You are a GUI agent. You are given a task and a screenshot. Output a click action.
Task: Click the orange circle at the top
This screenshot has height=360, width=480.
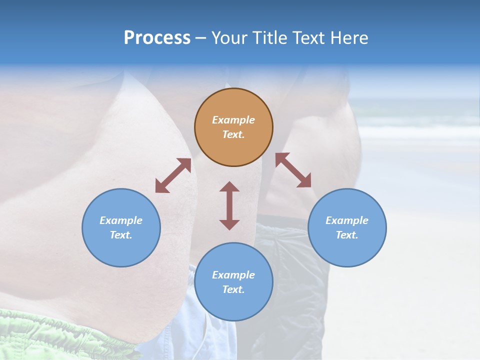233,127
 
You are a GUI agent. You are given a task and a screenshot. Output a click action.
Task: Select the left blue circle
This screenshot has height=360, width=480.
121,227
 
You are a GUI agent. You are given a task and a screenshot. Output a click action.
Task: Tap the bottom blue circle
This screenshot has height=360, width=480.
233,282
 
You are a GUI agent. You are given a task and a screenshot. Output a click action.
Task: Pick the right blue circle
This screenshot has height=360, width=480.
347,227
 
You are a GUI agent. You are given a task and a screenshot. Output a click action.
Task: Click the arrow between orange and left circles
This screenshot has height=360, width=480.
173,175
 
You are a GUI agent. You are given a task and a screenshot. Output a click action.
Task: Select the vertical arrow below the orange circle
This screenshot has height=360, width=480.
229,205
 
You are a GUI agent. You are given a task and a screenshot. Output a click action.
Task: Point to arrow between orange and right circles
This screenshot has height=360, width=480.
293,170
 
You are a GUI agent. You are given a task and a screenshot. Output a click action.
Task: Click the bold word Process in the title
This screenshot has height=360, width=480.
157,37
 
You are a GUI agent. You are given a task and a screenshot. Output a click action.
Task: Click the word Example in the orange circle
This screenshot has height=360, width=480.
233,120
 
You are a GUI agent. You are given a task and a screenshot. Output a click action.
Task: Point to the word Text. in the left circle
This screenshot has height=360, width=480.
121,235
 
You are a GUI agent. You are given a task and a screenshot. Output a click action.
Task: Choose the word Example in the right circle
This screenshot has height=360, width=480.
347,220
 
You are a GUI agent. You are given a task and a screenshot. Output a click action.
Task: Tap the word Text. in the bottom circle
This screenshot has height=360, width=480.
233,289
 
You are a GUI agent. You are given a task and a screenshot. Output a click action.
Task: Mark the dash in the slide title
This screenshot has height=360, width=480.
201,38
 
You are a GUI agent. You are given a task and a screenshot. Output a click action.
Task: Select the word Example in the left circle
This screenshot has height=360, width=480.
121,220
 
